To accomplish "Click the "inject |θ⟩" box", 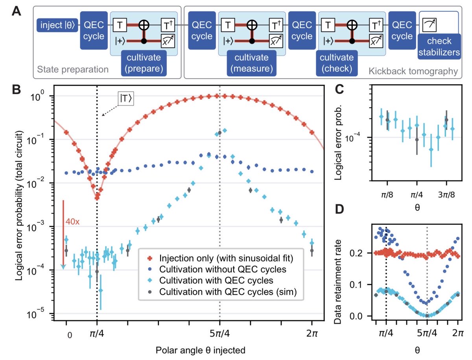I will (57, 26).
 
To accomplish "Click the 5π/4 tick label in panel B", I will (219, 326).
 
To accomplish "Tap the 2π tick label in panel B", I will (312, 326).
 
